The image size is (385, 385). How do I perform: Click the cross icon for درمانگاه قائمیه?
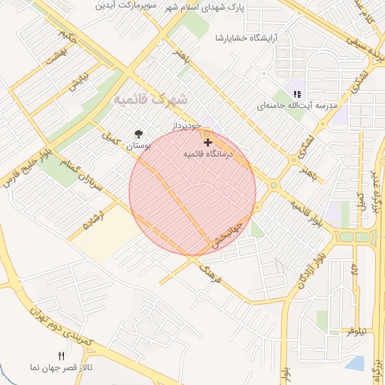(208, 141)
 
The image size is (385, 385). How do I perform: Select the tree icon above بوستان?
(138, 133)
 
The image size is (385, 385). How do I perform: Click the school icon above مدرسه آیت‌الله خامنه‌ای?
(296, 94)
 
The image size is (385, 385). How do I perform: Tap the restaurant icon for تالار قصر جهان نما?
(62, 356)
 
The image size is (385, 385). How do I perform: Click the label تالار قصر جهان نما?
(62, 368)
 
